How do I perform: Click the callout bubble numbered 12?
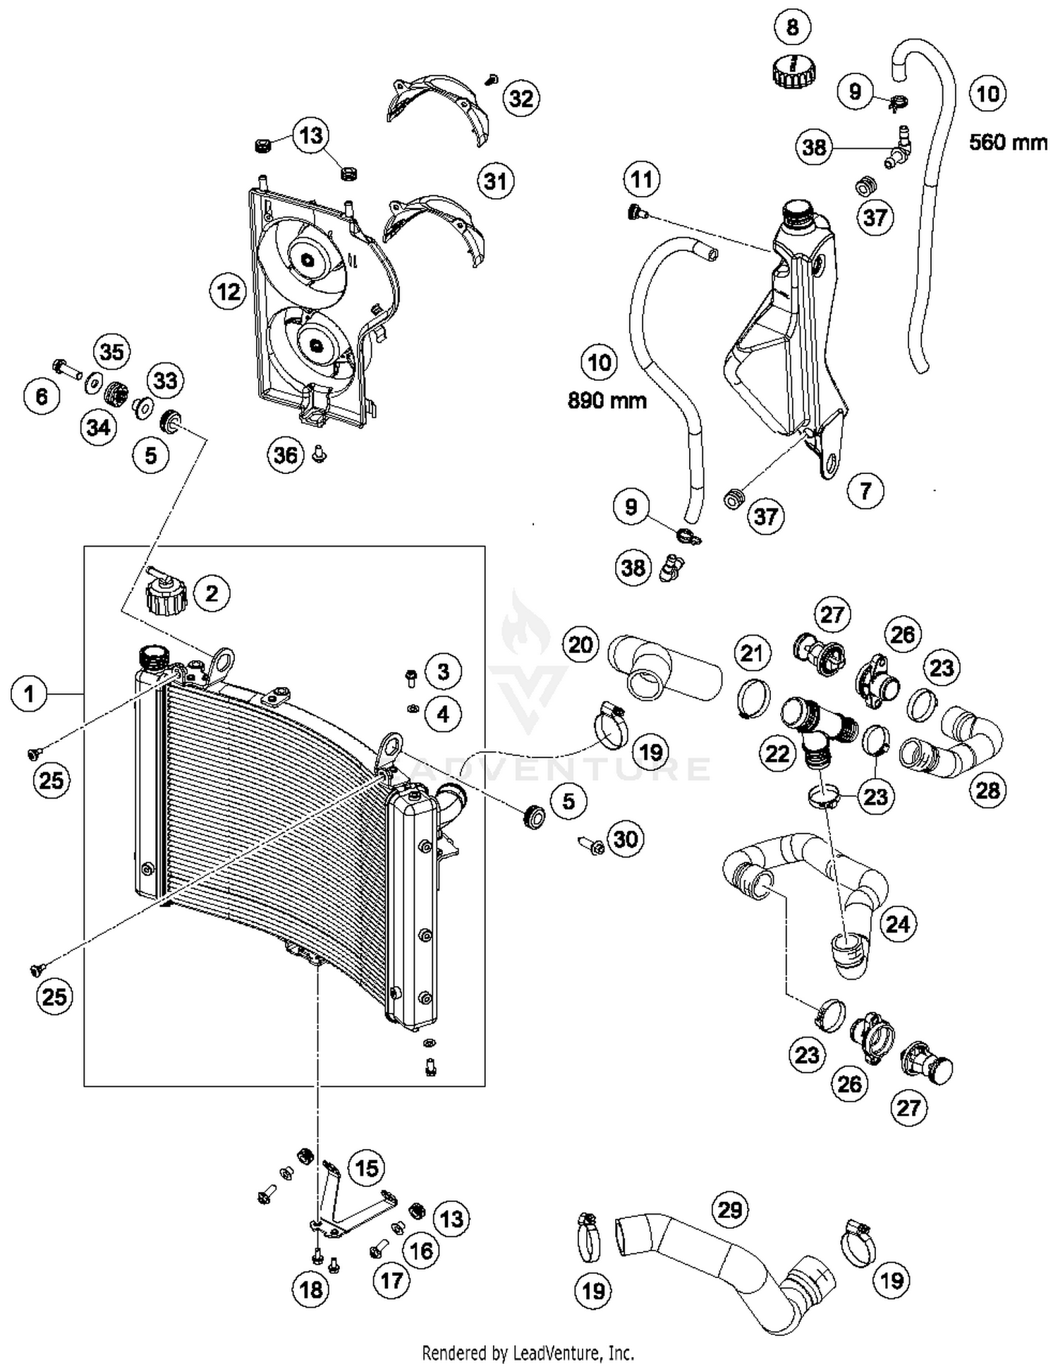click(228, 291)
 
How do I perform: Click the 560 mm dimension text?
click(1007, 142)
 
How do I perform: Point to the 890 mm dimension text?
click(607, 401)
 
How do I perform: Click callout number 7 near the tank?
click(866, 490)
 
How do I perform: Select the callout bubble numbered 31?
click(495, 181)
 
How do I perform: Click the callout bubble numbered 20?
click(580, 644)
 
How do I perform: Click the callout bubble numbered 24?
click(897, 923)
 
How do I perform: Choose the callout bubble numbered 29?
click(730, 1210)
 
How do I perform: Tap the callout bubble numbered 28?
click(987, 790)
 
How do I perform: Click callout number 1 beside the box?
click(29, 694)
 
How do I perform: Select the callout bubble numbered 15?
click(367, 1169)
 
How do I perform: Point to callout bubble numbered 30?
click(626, 839)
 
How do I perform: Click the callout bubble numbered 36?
click(286, 455)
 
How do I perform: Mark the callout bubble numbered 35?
click(111, 351)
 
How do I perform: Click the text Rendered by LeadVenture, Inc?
click(528, 1353)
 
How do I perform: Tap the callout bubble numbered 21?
click(751, 652)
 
